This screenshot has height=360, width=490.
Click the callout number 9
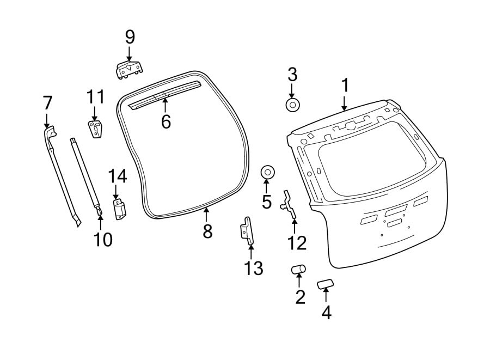130,38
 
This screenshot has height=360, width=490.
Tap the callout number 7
47,102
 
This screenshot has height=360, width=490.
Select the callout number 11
95,97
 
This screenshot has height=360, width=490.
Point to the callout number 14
117,176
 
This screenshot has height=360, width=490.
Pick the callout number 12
297,242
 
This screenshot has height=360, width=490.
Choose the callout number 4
326,312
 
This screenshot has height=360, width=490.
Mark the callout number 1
345,86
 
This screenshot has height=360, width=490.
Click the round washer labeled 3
293,105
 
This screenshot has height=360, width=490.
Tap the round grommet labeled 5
267,172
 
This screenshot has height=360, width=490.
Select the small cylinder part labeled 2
298,269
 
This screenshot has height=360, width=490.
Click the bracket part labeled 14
119,210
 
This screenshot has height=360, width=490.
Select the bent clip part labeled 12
289,205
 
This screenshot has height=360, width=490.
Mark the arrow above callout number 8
206,213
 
